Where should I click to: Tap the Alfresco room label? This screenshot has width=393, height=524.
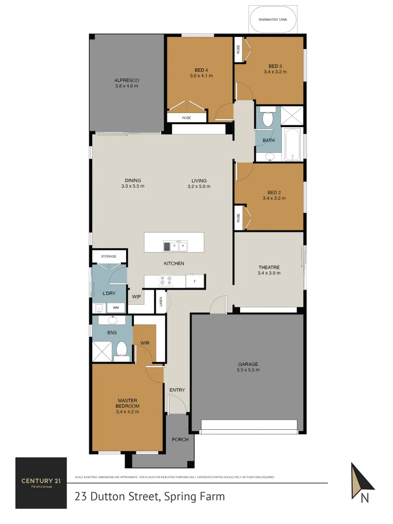[127, 80]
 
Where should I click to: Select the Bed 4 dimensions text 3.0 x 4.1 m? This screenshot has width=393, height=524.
[201, 76]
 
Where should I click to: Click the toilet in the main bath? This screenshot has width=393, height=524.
[268, 119]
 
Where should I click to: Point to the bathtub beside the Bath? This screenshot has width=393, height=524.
[293, 144]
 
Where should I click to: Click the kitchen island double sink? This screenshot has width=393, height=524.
[175, 246]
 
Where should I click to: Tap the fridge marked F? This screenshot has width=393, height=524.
[195, 281]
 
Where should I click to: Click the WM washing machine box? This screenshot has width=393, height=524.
[116, 308]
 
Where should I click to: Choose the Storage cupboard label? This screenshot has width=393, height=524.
[109, 256]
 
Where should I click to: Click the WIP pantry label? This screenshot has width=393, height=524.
[136, 296]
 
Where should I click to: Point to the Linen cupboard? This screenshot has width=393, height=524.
[161, 302]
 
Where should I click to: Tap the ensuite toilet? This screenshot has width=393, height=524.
[121, 349]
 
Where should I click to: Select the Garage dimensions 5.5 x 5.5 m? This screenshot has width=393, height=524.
[248, 370]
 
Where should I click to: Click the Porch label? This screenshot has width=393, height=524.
[180, 440]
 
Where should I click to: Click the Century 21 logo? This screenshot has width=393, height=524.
[41, 483]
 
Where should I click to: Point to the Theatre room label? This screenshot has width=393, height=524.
[268, 267]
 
